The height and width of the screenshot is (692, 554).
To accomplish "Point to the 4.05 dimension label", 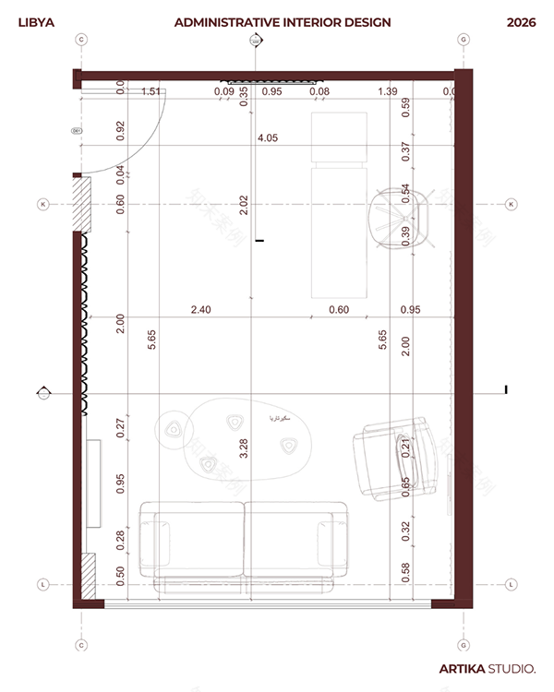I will coord(268,138).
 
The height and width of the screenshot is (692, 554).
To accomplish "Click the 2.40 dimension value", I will coord(200,310).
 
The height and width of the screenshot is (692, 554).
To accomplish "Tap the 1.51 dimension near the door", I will coord(151,91).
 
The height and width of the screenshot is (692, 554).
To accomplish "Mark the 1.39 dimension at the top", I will coord(388,91).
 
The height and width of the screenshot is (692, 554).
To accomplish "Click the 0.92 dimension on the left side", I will coord(121,130).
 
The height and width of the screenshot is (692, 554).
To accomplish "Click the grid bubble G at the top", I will coord(463,40).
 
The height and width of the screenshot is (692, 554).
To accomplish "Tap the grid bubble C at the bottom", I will coord(81,646).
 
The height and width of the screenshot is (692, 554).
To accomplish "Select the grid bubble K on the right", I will coord(511,204).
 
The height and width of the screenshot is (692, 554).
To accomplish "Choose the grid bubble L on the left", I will coord(42,584).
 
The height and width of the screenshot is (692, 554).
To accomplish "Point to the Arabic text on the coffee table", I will coord(280,418).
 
